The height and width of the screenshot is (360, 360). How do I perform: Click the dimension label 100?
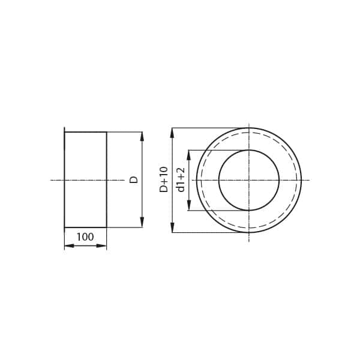(85, 237)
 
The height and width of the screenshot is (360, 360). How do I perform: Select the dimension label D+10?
(164, 179)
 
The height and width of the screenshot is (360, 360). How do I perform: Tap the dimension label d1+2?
(180, 180)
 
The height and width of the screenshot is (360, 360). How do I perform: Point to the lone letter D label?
(134, 179)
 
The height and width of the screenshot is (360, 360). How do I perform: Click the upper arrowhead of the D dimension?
(142, 137)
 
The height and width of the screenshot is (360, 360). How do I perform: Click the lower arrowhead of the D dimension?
(142, 222)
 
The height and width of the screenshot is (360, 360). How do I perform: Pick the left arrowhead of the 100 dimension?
(70, 246)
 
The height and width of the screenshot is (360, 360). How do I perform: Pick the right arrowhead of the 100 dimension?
(101, 246)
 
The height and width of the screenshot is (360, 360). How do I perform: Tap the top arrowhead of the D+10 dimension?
(172, 133)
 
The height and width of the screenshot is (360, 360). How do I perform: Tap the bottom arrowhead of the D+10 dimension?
(172, 227)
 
